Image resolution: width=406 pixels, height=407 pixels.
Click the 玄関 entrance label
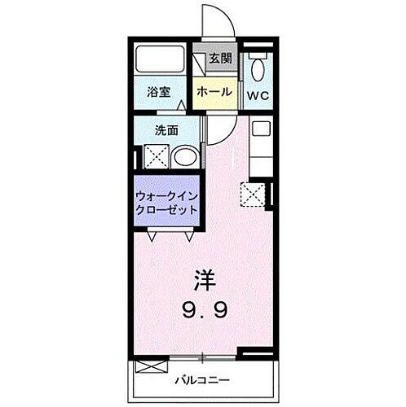point(219,58)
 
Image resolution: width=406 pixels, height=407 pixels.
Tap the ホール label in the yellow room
point(213,92)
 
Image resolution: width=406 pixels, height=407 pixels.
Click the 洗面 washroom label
point(167,129)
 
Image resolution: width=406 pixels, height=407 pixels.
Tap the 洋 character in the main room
point(205,280)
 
